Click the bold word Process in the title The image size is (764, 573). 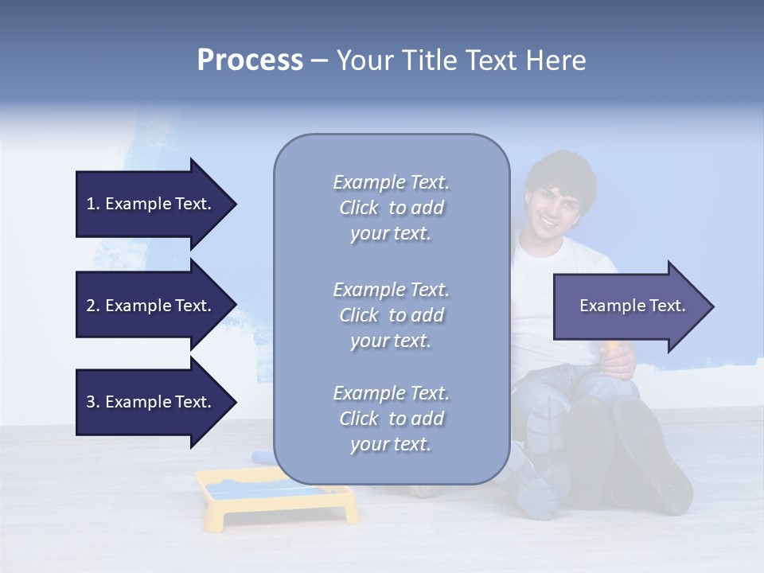(250, 60)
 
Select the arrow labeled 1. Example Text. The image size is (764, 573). (151, 204)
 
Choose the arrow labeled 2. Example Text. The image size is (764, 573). (151, 306)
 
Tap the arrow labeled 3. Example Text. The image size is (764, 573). (151, 402)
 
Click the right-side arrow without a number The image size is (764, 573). (629, 306)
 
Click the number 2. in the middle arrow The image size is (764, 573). (93, 306)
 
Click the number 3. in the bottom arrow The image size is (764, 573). (93, 402)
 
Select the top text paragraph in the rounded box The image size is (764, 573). (391, 208)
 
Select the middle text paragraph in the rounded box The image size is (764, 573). (391, 315)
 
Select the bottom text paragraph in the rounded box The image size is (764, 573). (391, 419)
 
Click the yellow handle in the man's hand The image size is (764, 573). (612, 348)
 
